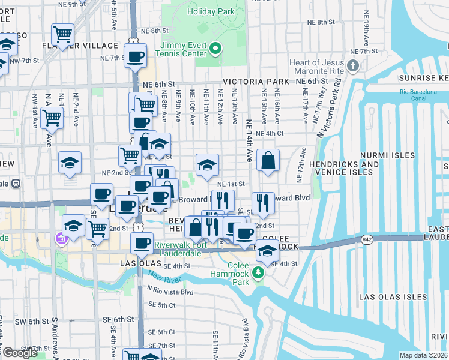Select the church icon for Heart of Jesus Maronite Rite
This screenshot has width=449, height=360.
pos(354,65)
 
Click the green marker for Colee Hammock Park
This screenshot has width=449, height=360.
pos(258,273)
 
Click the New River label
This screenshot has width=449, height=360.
pos(164,278)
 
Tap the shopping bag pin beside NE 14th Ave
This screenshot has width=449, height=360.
pos(268,160)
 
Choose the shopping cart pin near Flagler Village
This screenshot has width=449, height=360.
pos(62,34)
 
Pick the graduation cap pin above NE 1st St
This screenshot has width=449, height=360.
pos(207,164)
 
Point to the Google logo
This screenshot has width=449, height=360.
pos(20,353)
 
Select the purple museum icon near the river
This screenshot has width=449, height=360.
pos(61,239)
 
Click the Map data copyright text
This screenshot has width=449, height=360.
pos(423,355)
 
